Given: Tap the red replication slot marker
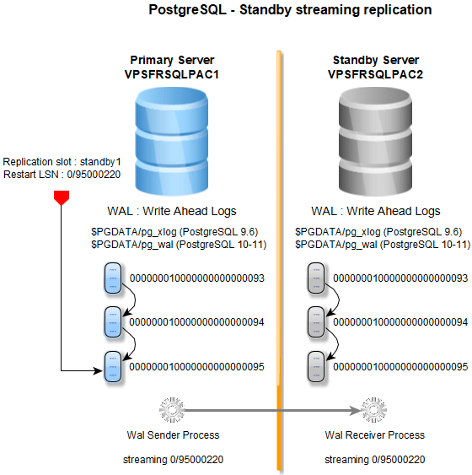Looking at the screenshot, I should pyautogui.click(x=60, y=197).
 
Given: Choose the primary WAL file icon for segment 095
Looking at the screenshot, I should pyautogui.click(x=113, y=367).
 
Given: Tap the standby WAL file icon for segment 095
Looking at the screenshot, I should pyautogui.click(x=317, y=367).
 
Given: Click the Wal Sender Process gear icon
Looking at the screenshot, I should pyautogui.click(x=172, y=412).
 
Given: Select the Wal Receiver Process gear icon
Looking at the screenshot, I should pyautogui.click(x=375, y=412).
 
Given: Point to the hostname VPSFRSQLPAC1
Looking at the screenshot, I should pyautogui.click(x=172, y=74).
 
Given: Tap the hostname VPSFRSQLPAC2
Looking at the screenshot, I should pyautogui.click(x=375, y=74).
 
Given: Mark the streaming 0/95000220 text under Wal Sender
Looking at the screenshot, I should pyautogui.click(x=172, y=460).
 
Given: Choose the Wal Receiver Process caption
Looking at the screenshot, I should pyautogui.click(x=375, y=435).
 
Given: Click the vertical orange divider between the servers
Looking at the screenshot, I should pyautogui.click(x=278, y=253).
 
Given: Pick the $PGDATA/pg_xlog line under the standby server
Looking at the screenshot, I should pyautogui.click(x=377, y=230).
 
